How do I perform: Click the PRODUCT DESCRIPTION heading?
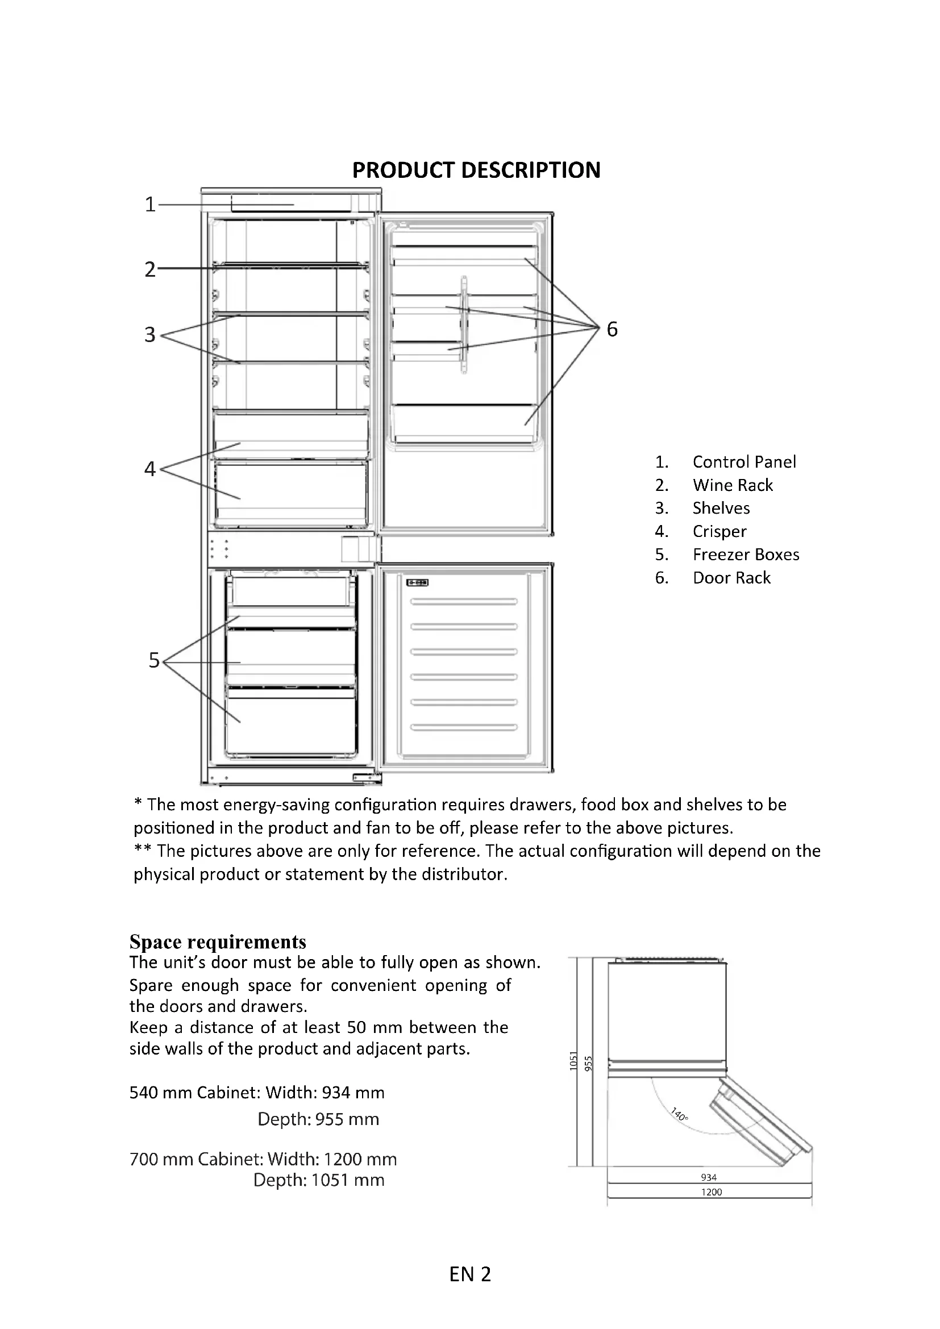(x=476, y=170)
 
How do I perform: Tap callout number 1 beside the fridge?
(x=150, y=205)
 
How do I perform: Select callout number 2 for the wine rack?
(x=150, y=270)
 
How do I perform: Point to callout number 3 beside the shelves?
(x=150, y=335)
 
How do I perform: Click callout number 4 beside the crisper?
(x=150, y=468)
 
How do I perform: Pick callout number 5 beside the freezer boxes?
(x=153, y=660)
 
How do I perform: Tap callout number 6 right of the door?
(x=612, y=330)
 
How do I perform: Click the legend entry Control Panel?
(x=744, y=462)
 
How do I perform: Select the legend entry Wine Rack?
(x=732, y=485)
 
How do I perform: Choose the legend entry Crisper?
(x=719, y=531)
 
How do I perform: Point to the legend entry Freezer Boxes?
(x=746, y=555)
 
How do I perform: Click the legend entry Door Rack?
(x=731, y=578)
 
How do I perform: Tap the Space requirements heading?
(x=218, y=941)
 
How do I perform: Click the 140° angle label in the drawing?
(x=679, y=1114)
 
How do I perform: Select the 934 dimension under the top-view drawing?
(x=709, y=1177)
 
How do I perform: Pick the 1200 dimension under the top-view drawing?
(x=712, y=1192)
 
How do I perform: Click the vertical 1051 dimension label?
(x=573, y=1060)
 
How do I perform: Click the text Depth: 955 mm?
(x=318, y=1119)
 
